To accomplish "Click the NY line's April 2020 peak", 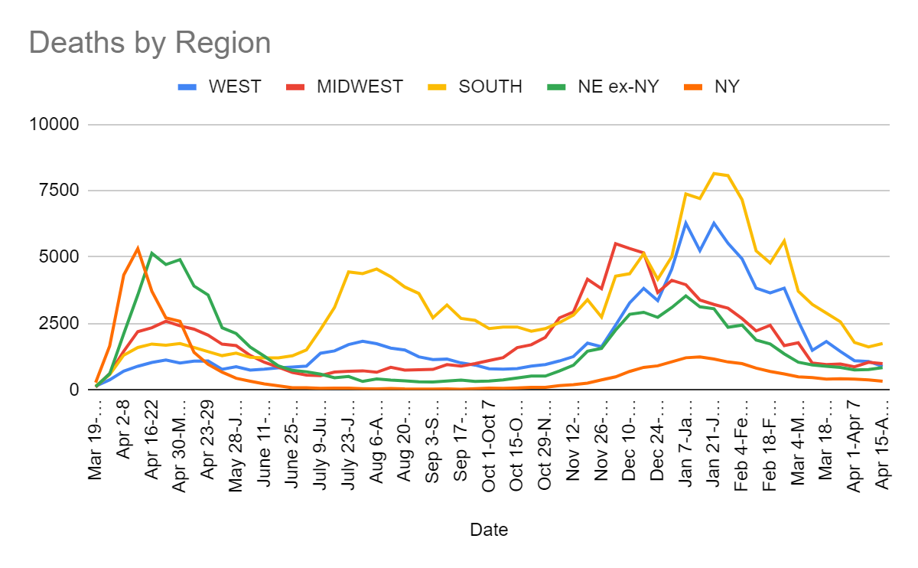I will [x=138, y=248].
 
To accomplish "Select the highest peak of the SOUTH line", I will [x=714, y=173].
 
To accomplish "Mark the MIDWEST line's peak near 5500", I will [x=616, y=243].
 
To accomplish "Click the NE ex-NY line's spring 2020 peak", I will [x=152, y=253].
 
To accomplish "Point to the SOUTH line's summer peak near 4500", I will [x=376, y=269].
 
